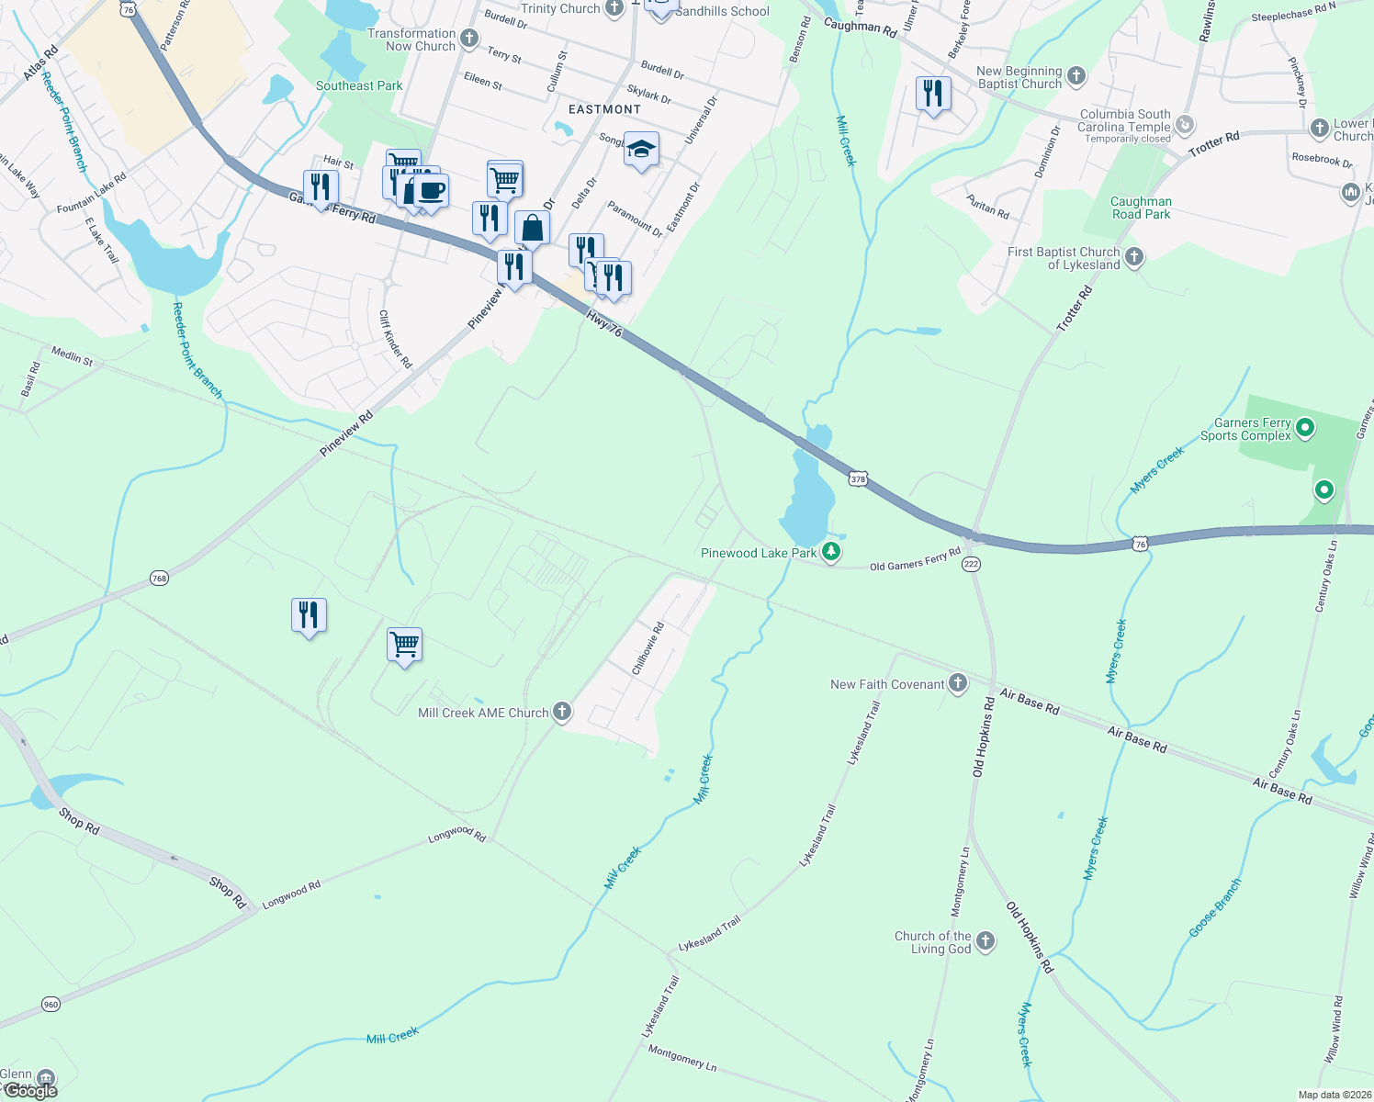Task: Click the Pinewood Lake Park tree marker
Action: pyautogui.click(x=831, y=552)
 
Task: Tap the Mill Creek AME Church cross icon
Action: pyautogui.click(x=562, y=713)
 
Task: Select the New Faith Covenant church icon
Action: pyautogui.click(x=958, y=683)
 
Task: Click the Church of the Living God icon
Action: pyautogui.click(x=985, y=941)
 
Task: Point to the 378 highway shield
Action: pyautogui.click(x=858, y=478)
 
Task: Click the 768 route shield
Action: pyautogui.click(x=159, y=579)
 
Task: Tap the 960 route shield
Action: pyautogui.click(x=51, y=1005)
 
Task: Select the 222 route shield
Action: pyautogui.click(x=972, y=565)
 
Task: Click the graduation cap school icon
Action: pyautogui.click(x=641, y=149)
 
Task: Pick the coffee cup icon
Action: pyautogui.click(x=430, y=191)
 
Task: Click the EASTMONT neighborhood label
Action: pyautogui.click(x=604, y=109)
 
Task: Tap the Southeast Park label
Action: pyautogui.click(x=359, y=85)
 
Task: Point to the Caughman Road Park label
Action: pyautogui.click(x=1141, y=208)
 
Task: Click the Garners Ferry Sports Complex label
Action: pyautogui.click(x=1246, y=429)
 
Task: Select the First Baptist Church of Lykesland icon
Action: pyautogui.click(x=1134, y=257)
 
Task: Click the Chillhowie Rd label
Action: pyautogui.click(x=648, y=649)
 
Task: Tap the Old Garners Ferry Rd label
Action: pyautogui.click(x=915, y=559)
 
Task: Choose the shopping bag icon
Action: pyautogui.click(x=532, y=228)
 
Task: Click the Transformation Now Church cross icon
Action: pyautogui.click(x=469, y=39)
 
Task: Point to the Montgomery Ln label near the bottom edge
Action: pyautogui.click(x=681, y=1056)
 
